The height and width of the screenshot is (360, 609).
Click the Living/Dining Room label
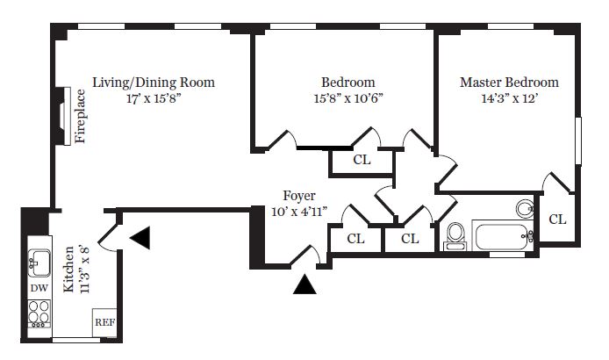[x=154, y=83]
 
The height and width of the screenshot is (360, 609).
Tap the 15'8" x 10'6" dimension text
[x=347, y=99]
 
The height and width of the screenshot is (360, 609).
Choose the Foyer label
[x=299, y=195]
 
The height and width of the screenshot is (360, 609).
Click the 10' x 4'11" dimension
[x=298, y=212]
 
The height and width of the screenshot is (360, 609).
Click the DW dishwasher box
[x=39, y=288]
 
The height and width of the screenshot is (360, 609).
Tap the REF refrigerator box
[x=104, y=322]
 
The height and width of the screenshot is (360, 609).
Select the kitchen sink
[x=39, y=260]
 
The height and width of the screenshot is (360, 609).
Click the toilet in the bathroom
[x=455, y=235]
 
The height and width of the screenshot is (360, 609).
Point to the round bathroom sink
[x=525, y=209]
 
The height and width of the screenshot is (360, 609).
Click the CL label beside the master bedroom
[x=557, y=220]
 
